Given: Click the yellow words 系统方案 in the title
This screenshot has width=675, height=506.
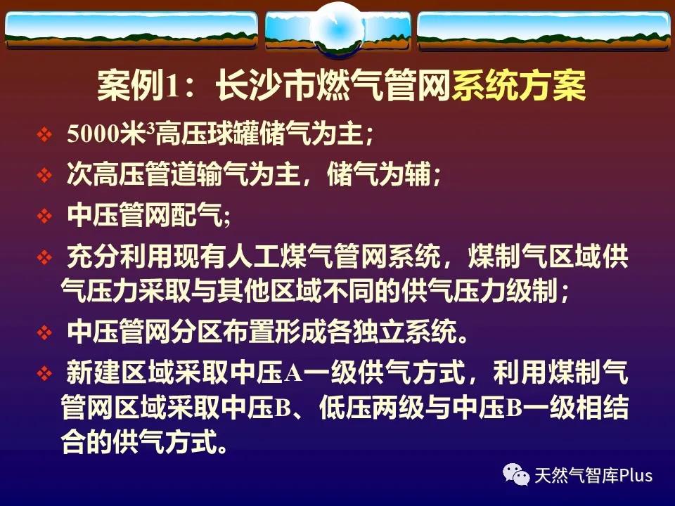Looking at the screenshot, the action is (518, 86).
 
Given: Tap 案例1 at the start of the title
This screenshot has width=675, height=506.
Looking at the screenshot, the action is (137, 86).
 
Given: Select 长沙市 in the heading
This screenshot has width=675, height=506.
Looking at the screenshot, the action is (265, 86).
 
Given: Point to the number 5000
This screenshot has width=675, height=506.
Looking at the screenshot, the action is (93, 134).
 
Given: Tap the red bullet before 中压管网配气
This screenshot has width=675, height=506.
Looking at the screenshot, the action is (44, 216).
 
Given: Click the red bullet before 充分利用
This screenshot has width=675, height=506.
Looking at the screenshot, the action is (44, 258).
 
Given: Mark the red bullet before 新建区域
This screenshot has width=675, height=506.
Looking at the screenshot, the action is (44, 373).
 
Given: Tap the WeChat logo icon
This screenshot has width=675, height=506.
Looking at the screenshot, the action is (516, 474).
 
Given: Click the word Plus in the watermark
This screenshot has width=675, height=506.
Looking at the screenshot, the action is (636, 476).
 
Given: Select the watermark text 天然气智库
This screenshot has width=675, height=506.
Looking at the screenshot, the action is (577, 476).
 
